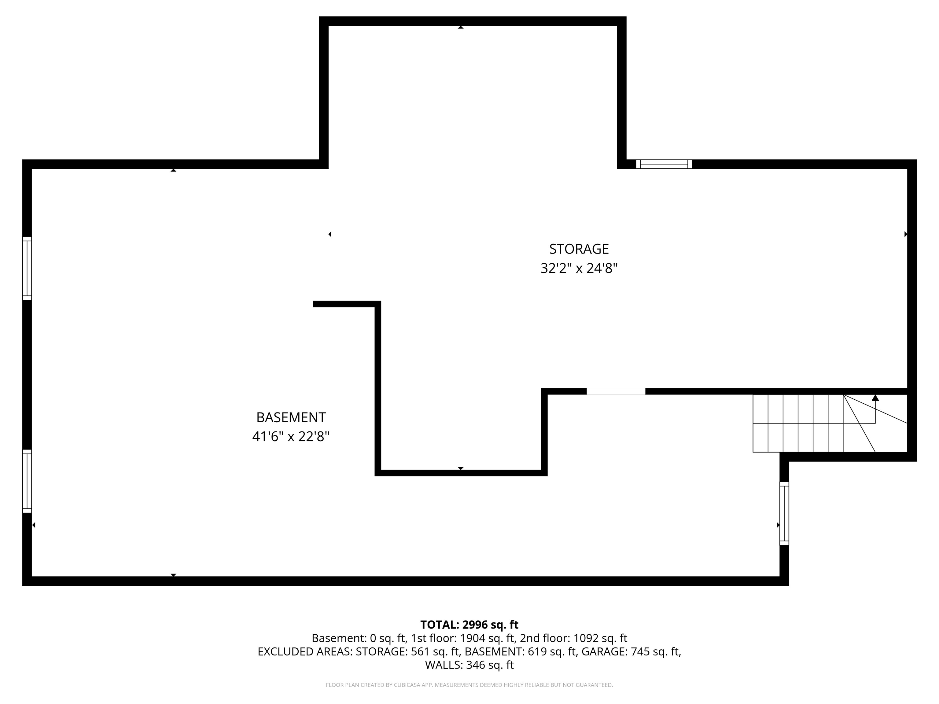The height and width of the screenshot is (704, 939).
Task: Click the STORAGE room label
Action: click(579, 249)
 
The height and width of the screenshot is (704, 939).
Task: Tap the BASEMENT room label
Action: click(291, 418)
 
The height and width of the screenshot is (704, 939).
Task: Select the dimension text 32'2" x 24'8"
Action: click(579, 269)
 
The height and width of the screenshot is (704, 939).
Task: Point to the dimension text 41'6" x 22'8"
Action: click(291, 437)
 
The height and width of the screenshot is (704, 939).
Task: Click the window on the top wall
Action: click(664, 164)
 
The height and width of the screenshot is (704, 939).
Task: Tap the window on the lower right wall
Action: click(784, 513)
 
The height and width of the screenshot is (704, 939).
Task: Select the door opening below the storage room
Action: click(616, 391)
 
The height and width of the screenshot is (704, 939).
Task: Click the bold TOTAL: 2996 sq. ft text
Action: click(469, 625)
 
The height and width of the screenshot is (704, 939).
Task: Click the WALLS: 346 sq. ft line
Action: click(469, 665)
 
